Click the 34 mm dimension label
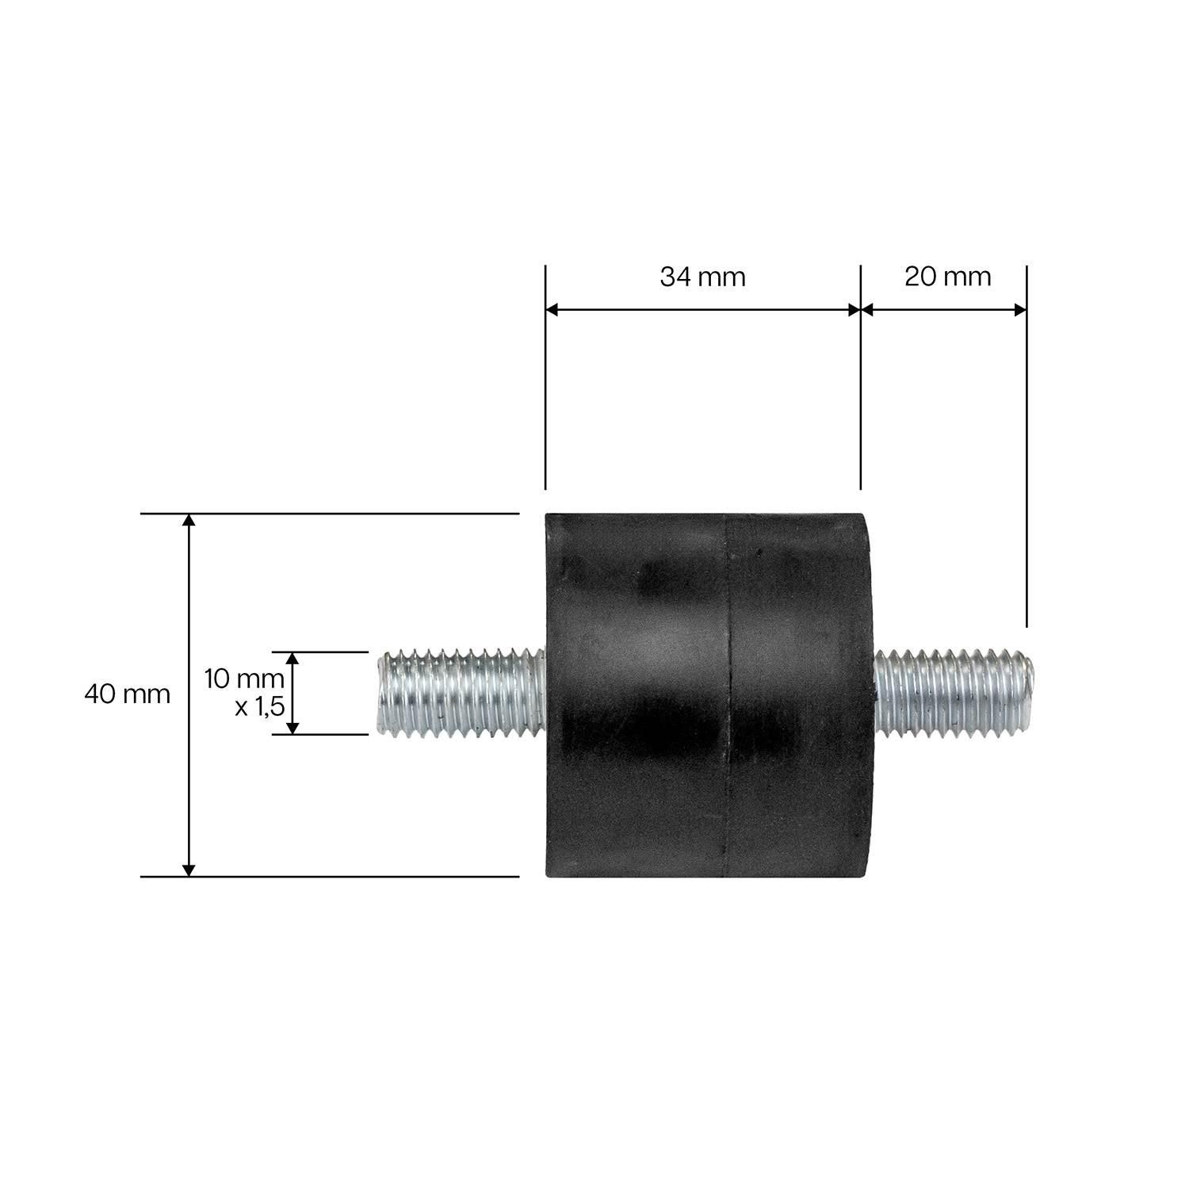pyautogui.click(x=702, y=277)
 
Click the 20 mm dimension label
pyautogui.click(x=947, y=277)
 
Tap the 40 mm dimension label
pyautogui.click(x=127, y=694)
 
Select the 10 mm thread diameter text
pyautogui.click(x=243, y=679)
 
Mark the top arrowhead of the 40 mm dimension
pyautogui.click(x=189, y=520)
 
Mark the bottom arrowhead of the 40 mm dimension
pyautogui.click(x=189, y=870)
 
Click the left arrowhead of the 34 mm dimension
pyautogui.click(x=552, y=310)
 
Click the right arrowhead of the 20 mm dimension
pyautogui.click(x=1020, y=310)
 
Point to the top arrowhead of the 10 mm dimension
pyautogui.click(x=292, y=658)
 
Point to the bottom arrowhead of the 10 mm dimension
pyautogui.click(x=292, y=728)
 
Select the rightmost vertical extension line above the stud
pyautogui.click(x=1027, y=444)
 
